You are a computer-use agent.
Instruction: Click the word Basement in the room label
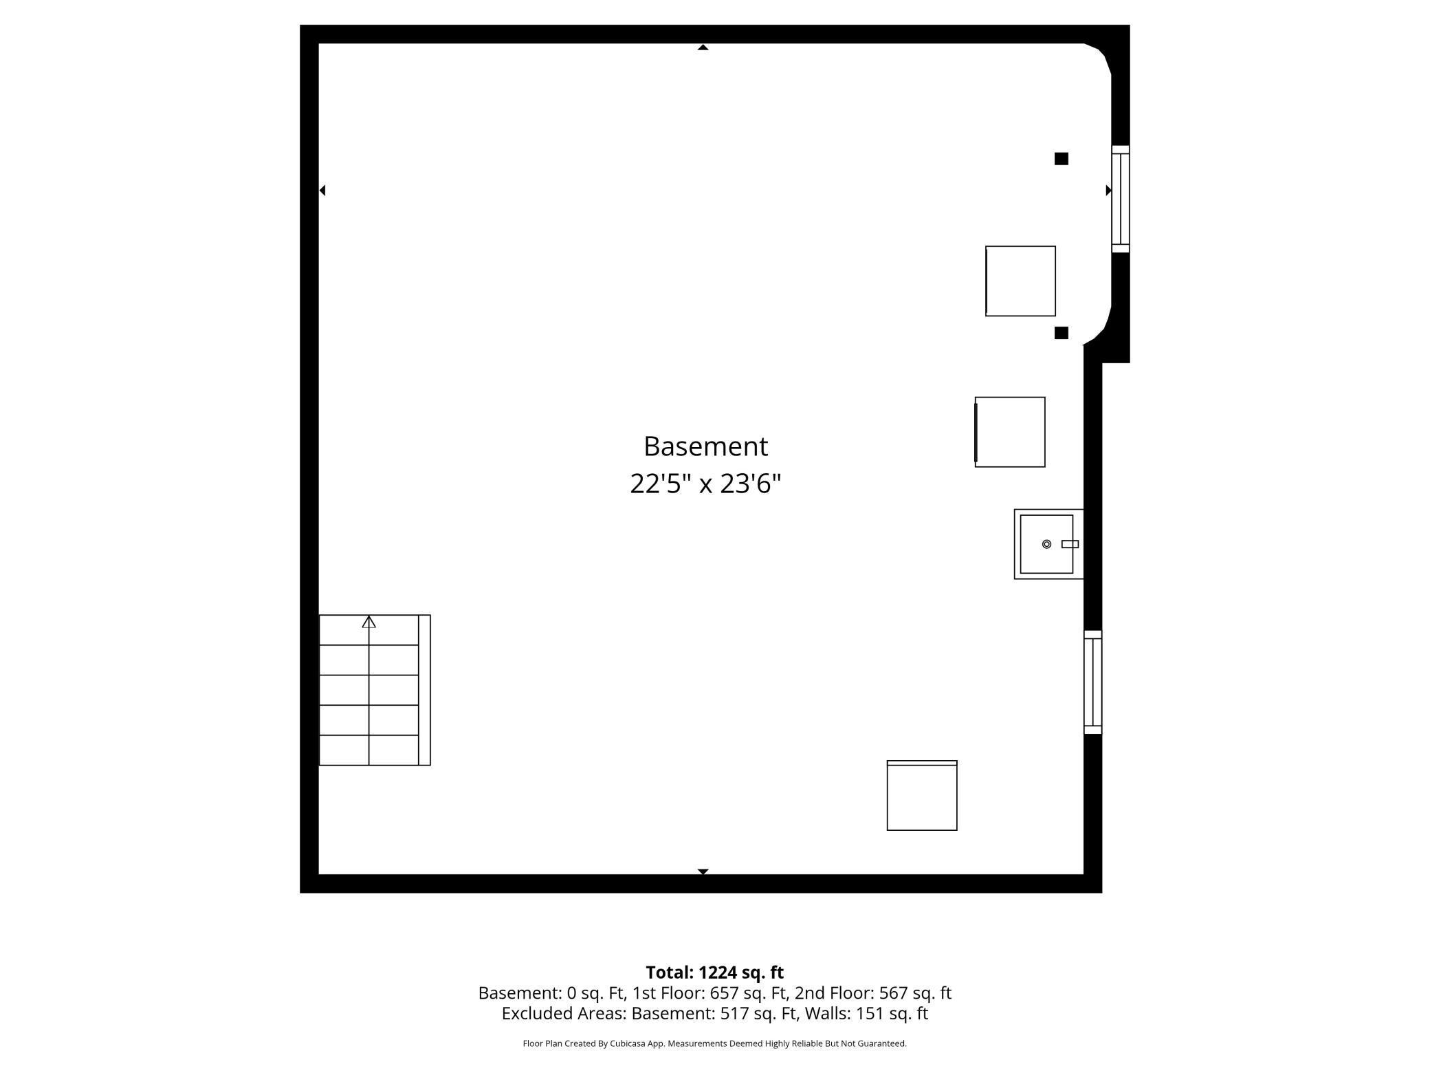click(x=705, y=446)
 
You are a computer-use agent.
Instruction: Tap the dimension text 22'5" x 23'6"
click(x=705, y=484)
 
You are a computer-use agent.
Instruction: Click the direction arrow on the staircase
click(x=369, y=622)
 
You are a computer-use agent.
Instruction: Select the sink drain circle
click(x=1046, y=544)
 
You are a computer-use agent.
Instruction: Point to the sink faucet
click(x=1070, y=544)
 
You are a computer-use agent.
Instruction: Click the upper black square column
click(x=1061, y=159)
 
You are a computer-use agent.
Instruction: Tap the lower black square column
click(x=1061, y=333)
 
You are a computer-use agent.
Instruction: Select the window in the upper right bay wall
click(x=1121, y=199)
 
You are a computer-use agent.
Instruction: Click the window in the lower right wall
click(x=1093, y=682)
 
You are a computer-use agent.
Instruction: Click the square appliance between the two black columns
click(x=1020, y=281)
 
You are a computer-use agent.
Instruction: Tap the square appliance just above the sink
click(x=1010, y=432)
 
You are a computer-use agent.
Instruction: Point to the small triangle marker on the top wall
click(x=703, y=47)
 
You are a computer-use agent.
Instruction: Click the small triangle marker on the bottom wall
click(x=703, y=871)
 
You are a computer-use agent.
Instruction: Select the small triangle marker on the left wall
click(x=322, y=190)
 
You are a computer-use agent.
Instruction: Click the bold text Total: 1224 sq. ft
click(x=714, y=973)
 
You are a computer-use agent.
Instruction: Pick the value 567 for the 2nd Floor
click(x=893, y=993)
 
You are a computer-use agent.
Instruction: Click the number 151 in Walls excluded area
click(x=869, y=1013)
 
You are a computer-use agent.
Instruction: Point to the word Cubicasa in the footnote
click(x=628, y=1043)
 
